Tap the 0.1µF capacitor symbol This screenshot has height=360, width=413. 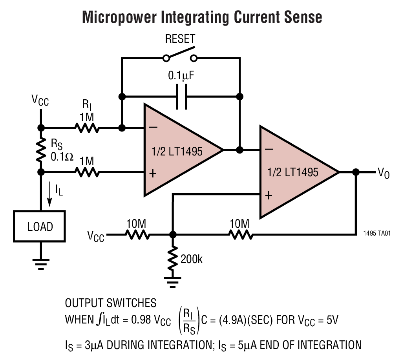[x=181, y=97]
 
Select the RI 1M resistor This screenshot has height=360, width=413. [x=87, y=128]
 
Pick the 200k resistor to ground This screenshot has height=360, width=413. [x=172, y=259]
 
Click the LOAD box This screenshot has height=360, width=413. [x=40, y=227]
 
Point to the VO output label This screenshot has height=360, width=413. [x=383, y=173]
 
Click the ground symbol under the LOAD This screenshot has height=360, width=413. [x=40, y=263]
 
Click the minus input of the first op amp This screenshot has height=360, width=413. [x=154, y=128]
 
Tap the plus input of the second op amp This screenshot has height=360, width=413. [x=269, y=195]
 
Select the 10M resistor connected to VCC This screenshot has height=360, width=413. [x=137, y=235]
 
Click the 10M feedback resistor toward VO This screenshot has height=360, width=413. [x=240, y=235]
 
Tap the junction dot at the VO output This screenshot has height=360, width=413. [x=356, y=172]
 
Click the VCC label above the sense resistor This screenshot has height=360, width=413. [x=40, y=101]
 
